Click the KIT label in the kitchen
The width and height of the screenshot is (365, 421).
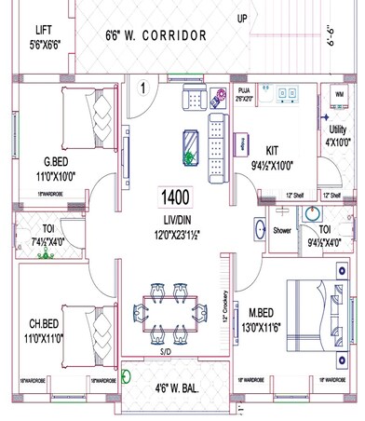272,149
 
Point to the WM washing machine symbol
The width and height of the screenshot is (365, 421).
336,96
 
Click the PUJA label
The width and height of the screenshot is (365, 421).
245,91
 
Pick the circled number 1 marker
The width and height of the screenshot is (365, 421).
144,88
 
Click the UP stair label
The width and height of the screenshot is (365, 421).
242,18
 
